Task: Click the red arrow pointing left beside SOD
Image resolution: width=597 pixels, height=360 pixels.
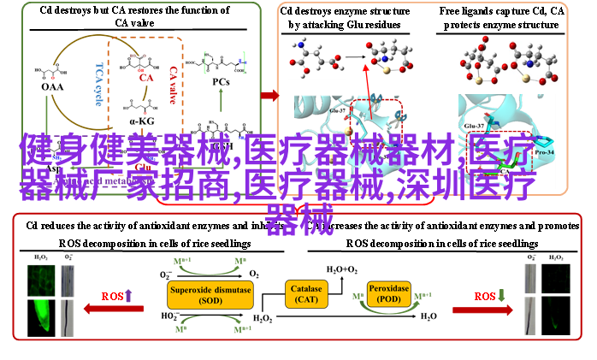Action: pyautogui.click(x=120, y=309)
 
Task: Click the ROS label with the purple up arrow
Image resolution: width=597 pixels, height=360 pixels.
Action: pyautogui.click(x=117, y=296)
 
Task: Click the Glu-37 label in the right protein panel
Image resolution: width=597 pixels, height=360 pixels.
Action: pyautogui.click(x=474, y=126)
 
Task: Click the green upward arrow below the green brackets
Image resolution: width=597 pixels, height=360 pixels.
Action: pyautogui.click(x=221, y=98)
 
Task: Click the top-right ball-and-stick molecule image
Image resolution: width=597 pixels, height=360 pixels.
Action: pyautogui.click(x=509, y=60)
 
